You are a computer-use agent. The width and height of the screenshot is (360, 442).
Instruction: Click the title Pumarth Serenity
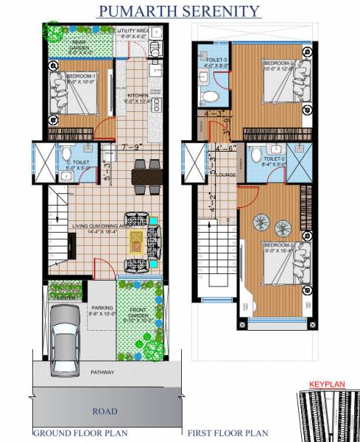coord(179,10)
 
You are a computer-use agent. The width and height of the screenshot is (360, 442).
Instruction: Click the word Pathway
coord(102,373)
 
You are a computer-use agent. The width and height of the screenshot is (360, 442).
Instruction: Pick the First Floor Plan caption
coord(228,433)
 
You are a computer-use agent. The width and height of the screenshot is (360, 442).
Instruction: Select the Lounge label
coord(225,175)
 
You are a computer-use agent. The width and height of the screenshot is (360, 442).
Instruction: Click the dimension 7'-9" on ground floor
coord(133,147)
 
